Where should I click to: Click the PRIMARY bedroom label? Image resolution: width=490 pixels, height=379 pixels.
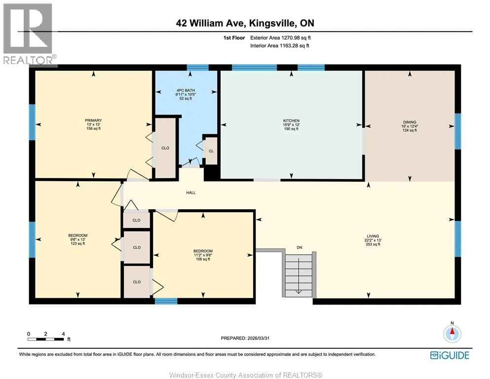pos(93,120)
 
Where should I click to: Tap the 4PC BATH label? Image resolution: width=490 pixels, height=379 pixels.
pos(186,90)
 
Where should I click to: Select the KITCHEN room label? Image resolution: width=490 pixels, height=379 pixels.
pos(291,121)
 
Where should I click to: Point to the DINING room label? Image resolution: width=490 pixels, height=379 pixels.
pos(410,122)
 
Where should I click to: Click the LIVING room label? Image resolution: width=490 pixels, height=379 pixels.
pos(373,236)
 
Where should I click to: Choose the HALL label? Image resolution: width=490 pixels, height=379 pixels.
pos(191,192)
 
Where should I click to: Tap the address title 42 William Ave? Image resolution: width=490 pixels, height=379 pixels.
pos(245,23)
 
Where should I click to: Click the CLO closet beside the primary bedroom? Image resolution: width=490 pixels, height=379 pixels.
pos(165,147)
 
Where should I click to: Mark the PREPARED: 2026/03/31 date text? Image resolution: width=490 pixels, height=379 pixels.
pos(245,338)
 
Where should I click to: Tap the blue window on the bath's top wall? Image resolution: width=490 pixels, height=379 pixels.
pos(197,68)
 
